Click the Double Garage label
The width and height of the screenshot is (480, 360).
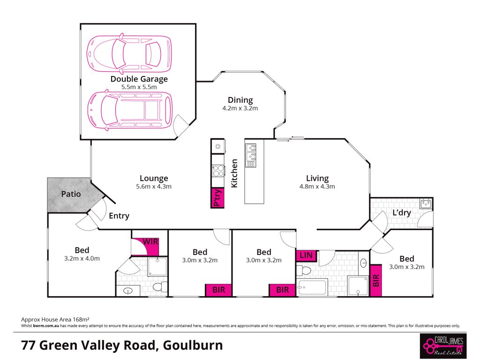139,79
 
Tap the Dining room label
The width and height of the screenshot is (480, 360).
240,100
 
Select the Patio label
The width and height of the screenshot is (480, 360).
71,194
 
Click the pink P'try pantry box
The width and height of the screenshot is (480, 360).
217,198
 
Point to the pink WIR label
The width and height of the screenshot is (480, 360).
150,242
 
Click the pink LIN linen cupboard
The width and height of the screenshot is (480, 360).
306,255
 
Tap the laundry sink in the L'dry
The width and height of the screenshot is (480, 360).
426,203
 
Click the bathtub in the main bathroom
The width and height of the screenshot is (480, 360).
312,287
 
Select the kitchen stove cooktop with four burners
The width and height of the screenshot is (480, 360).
218,171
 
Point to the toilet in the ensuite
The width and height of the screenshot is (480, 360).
160,287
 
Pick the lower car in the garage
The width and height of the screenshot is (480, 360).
130,110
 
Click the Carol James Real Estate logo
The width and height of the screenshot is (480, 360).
443,346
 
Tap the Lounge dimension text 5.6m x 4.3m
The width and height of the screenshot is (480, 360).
154,187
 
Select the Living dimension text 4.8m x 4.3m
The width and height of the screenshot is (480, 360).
317,187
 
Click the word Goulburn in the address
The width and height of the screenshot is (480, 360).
193,345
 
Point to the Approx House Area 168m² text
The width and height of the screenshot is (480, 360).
55,320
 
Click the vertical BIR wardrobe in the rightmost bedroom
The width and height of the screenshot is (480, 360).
376,280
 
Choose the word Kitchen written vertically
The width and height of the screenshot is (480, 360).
234,173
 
